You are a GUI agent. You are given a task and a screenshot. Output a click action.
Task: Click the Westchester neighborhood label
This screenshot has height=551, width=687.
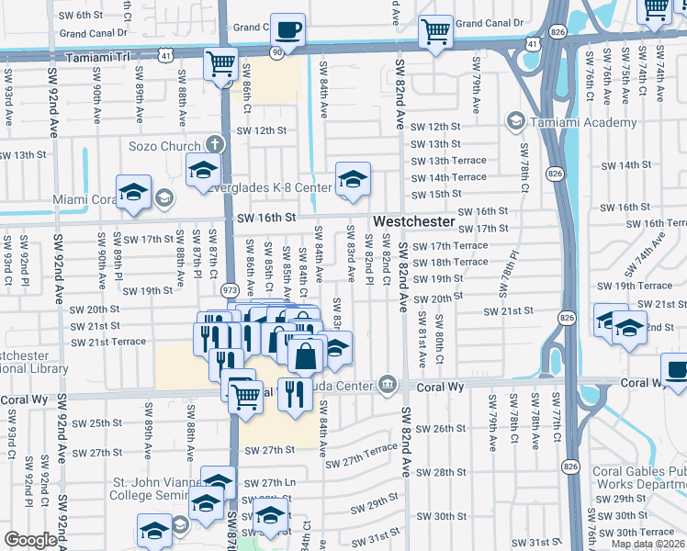coord(414,222)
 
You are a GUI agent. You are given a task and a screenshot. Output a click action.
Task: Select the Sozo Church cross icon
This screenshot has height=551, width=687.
coord(214,145)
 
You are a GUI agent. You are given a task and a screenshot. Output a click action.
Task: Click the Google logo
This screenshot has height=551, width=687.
coord(30,540)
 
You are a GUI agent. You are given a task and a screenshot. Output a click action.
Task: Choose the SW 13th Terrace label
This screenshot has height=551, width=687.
coord(448,161)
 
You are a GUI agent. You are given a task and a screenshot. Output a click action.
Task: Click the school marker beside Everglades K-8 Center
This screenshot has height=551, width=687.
coord(353,180)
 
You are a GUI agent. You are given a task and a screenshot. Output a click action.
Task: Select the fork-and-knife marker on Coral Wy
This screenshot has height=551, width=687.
coord(295,394)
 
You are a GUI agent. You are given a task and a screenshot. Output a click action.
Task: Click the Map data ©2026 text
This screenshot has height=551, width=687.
coord(647,544)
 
